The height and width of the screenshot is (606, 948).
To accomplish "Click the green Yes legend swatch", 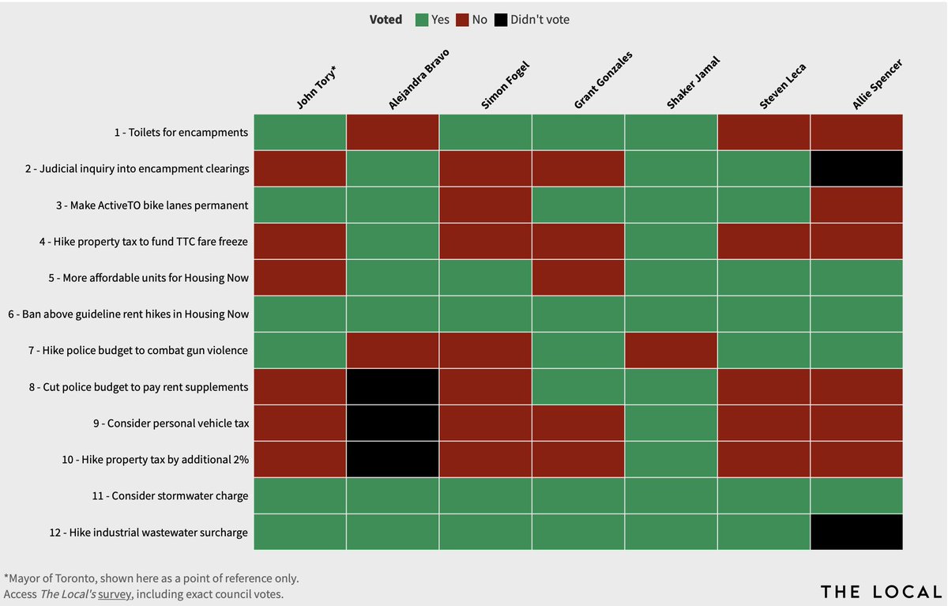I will tap(422, 20).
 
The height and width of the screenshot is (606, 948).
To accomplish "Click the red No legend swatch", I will tap(462, 20).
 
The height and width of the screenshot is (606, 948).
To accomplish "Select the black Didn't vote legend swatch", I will tap(500, 20).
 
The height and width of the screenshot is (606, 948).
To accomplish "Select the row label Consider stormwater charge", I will tap(180, 495).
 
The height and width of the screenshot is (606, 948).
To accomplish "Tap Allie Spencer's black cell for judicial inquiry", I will tap(856, 168).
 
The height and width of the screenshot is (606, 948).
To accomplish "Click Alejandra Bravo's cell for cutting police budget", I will tap(393, 386).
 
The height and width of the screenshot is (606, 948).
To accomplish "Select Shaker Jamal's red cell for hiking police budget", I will tap(671, 350).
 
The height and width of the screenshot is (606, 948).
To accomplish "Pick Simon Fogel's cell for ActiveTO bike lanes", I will tap(485, 205).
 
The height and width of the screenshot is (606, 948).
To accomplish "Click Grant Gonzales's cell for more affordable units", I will tap(577, 277).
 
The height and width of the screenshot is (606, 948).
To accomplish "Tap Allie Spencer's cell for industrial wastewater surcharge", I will tap(856, 532).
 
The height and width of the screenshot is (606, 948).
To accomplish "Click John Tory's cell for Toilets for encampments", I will tap(299, 132).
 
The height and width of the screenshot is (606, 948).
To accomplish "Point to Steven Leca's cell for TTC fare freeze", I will tap(764, 241).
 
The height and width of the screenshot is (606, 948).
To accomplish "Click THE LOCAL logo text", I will tap(880, 592).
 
